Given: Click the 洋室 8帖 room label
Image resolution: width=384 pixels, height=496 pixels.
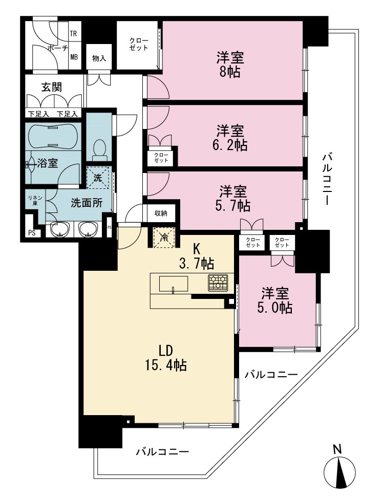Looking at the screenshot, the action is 230,65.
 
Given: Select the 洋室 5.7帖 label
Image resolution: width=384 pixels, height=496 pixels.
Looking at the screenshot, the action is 234,198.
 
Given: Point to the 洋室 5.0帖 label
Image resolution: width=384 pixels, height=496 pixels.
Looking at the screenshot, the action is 274,300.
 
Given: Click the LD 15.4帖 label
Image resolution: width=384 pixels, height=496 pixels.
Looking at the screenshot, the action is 166,358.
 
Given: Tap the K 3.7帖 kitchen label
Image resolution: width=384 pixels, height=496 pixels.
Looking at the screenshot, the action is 197,256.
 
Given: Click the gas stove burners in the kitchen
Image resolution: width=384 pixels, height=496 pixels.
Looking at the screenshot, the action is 218,283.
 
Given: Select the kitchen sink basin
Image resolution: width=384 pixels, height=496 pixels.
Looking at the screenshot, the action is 173,284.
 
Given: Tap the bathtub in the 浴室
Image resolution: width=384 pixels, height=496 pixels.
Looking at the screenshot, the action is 53,136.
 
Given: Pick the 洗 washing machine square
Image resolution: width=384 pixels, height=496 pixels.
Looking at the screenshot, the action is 98,178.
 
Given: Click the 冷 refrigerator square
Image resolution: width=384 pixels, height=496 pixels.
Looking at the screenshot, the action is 164,237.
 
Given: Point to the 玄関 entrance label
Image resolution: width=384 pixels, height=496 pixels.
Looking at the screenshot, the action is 52,87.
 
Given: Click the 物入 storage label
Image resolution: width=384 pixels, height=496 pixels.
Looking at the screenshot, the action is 99,58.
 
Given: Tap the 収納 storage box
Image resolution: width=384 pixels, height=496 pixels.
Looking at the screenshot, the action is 161,213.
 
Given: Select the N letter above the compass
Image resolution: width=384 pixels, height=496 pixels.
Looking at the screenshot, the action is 338,449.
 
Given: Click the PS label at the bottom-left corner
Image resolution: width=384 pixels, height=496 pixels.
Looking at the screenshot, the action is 32,233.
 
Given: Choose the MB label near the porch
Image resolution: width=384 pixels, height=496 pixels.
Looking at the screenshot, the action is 74,57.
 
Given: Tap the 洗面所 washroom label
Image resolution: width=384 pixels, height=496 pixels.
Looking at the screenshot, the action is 87,203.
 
